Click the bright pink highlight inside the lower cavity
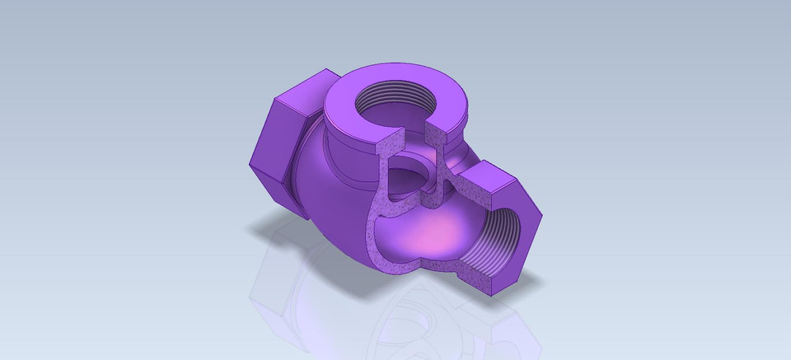[x=445, y=239]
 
